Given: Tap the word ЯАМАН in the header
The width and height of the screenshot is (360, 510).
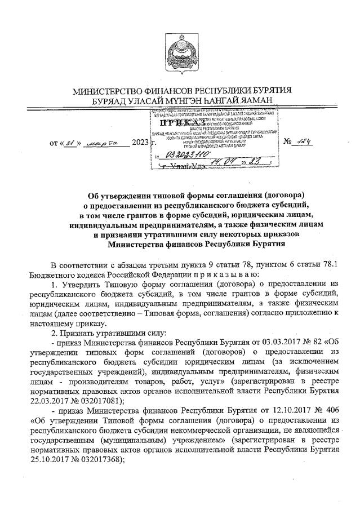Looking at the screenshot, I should pyautogui.click(x=256, y=101).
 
